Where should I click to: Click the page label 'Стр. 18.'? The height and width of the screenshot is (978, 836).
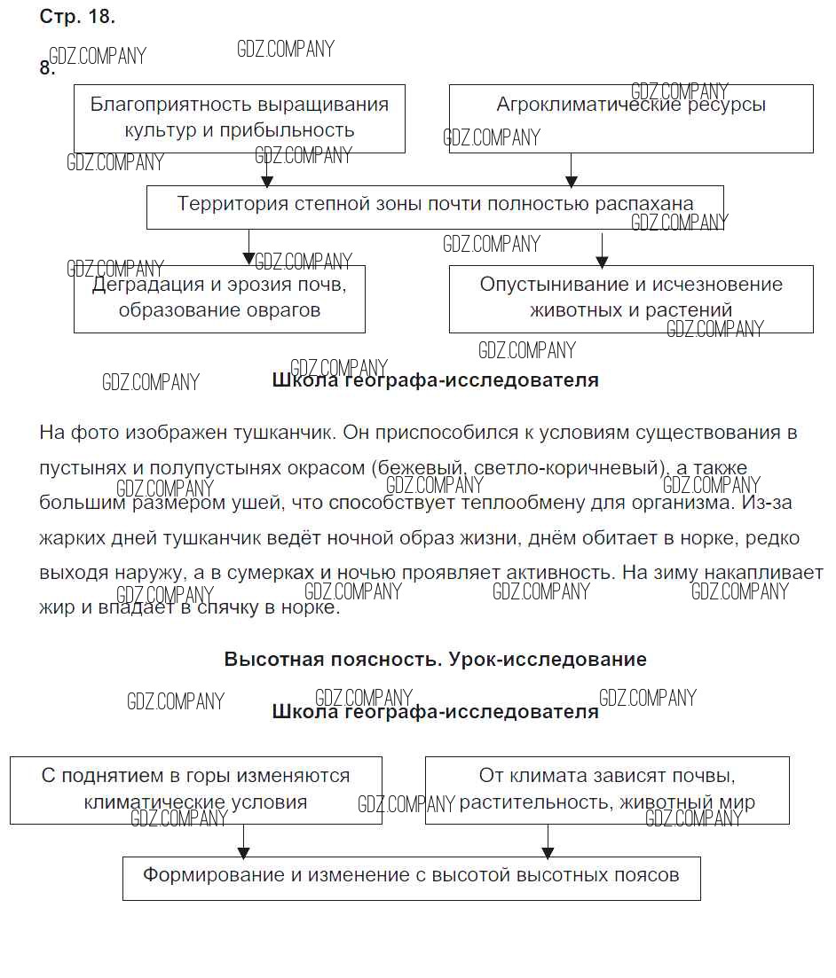(x=77, y=17)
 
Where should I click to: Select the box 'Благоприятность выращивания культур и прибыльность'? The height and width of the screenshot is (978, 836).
(x=239, y=118)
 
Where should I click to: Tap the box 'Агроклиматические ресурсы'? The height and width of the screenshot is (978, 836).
(x=630, y=118)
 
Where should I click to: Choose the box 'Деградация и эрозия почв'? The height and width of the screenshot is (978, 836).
(x=219, y=298)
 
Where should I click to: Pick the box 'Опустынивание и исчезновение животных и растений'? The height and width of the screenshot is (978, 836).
(x=630, y=298)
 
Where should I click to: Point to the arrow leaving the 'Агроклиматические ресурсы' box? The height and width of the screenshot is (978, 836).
(x=571, y=169)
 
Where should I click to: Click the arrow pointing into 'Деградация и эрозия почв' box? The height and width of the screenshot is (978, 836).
(x=248, y=248)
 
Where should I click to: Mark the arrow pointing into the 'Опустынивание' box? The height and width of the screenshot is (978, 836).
(x=602, y=250)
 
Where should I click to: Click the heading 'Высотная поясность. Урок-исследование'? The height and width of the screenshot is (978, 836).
(x=435, y=660)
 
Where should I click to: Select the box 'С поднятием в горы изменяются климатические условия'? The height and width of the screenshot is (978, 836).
(x=196, y=789)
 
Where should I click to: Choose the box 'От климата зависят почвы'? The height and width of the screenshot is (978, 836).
(x=607, y=789)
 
